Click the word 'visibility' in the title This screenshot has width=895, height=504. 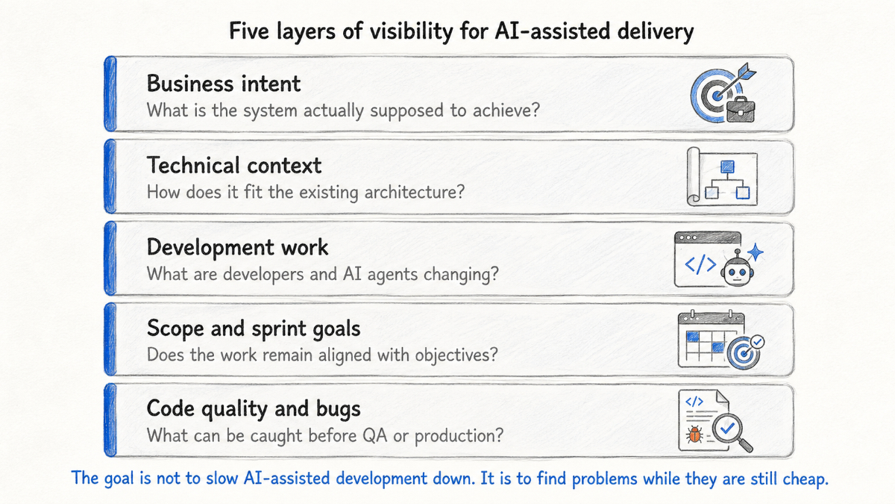pos(412,31)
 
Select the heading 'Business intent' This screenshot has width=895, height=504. pos(224,84)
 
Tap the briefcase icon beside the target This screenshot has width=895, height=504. pos(741,110)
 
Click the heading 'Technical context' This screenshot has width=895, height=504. pos(234,165)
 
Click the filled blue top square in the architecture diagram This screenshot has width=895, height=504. pos(727,167)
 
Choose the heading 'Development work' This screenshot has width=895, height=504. pos(237,247)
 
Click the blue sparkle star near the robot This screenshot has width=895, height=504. pos(755,252)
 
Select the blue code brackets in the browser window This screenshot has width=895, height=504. pos(700,265)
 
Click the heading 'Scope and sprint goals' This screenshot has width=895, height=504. pos(254,329)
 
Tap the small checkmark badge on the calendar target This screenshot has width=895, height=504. pos(757,342)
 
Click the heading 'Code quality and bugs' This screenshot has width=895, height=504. pos(254,409)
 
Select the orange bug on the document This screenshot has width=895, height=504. pos(694,435)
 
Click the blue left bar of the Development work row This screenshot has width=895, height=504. pos(110,258)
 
